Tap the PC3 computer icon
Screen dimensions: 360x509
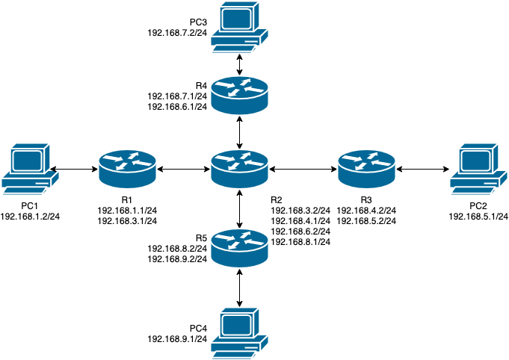coord(239,26)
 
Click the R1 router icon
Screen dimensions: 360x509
coord(127,169)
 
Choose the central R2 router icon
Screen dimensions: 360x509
coord(239,169)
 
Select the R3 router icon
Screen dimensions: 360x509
coord(366,169)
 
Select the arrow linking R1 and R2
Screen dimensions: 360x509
coord(183,170)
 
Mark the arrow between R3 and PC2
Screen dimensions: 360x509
coord(423,170)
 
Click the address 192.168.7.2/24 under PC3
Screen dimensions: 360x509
coord(178,34)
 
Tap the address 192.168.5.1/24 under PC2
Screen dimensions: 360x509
coord(478,217)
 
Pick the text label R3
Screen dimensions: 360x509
coord(365,200)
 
